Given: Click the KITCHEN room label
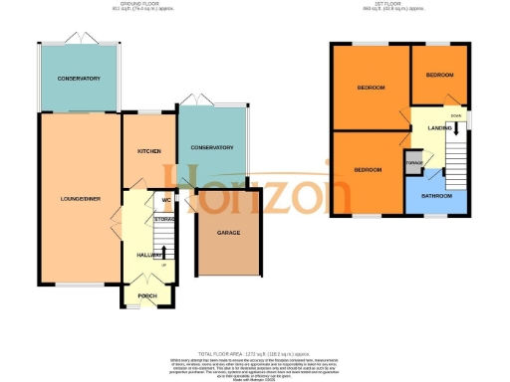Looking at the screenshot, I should click(x=149, y=151).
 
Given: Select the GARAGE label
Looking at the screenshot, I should click(x=229, y=233).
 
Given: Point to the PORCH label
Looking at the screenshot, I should click(x=146, y=295).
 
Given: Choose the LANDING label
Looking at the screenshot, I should click(x=439, y=128).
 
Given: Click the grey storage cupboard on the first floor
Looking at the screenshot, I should click(x=413, y=161).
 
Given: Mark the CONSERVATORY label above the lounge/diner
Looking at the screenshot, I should click(x=79, y=78).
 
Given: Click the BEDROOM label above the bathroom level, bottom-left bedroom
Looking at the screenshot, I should click(x=368, y=170).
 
